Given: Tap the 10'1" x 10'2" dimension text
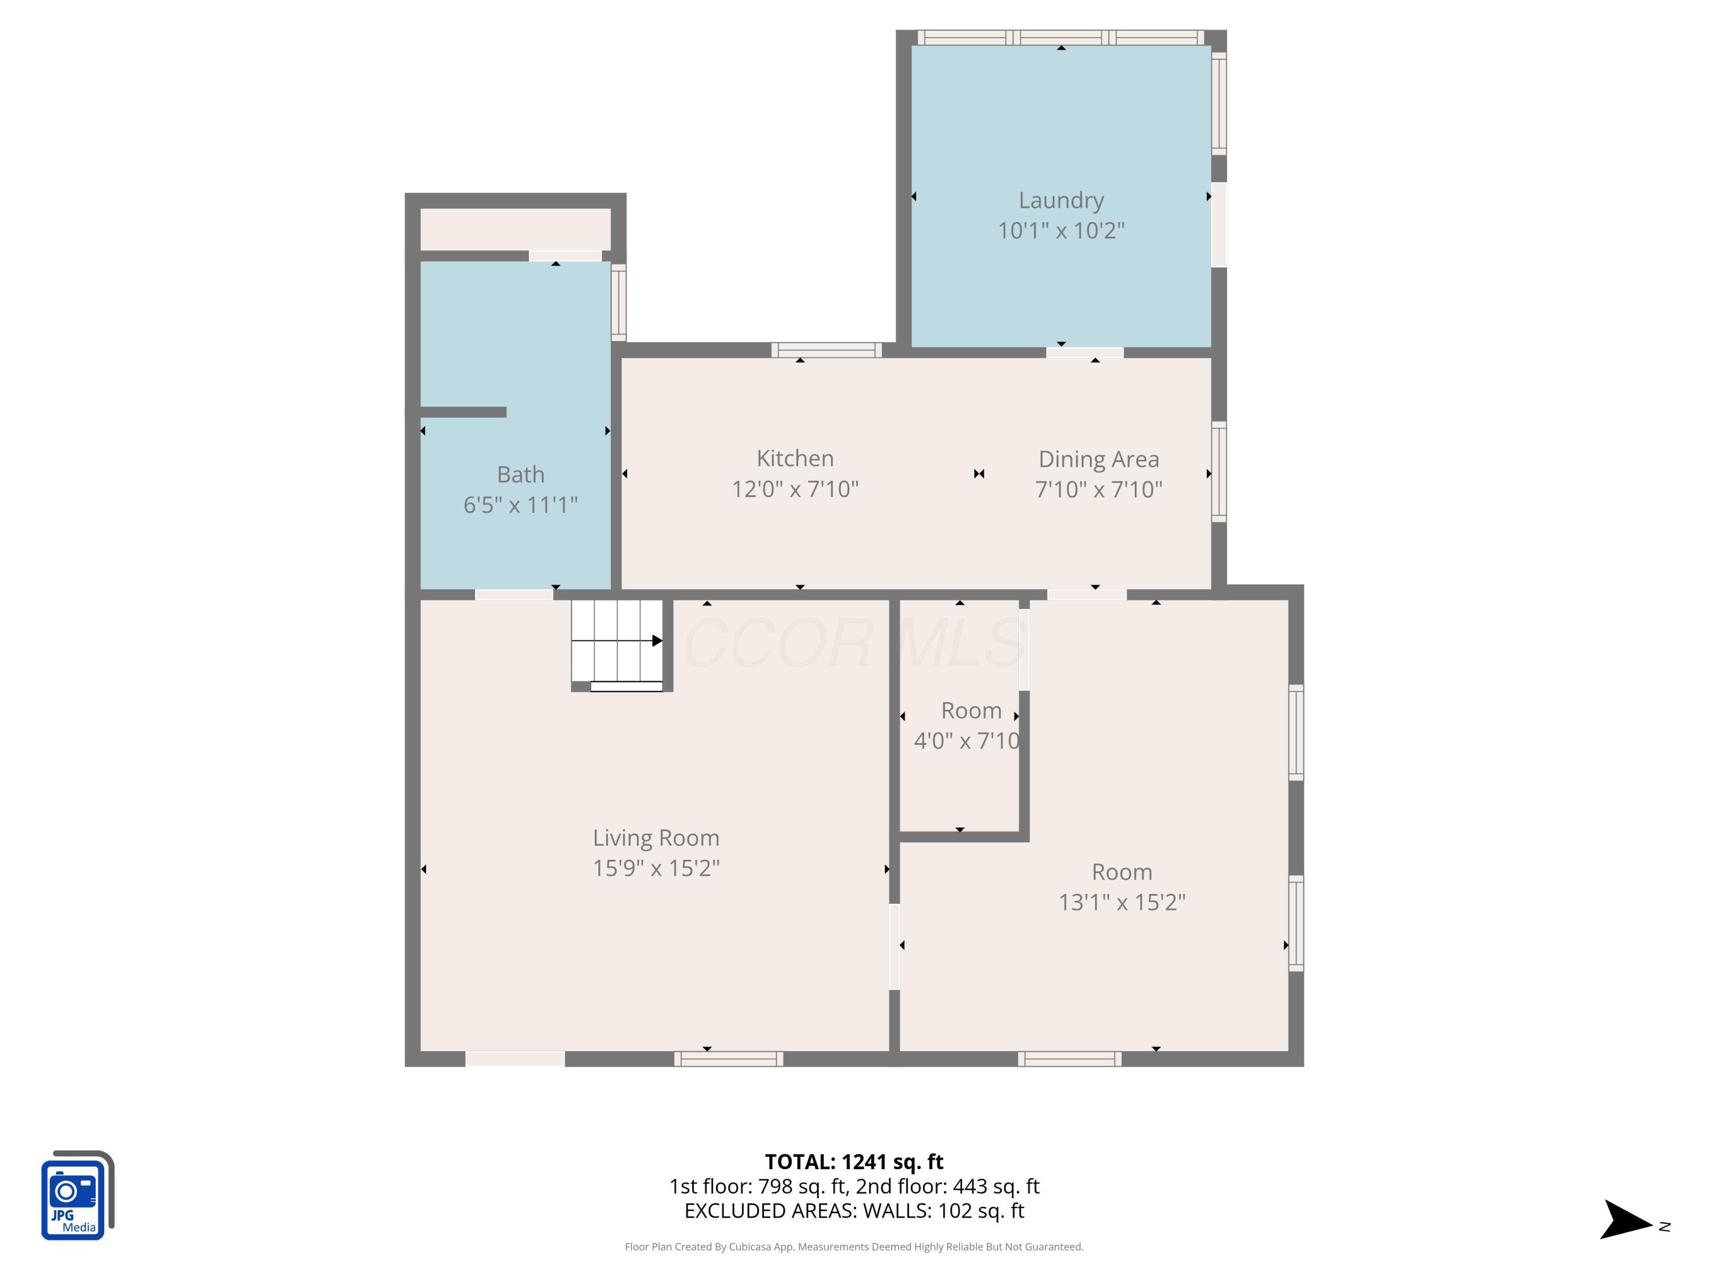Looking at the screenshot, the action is tap(1061, 230).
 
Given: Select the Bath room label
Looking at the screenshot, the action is tap(521, 475).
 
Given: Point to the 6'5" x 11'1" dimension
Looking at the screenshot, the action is tap(521, 505).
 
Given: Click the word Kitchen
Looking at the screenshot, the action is tap(795, 458).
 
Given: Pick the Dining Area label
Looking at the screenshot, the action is tap(1099, 459).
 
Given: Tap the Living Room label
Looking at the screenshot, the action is tap(656, 838).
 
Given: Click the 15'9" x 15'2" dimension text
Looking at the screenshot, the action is tap(656, 868).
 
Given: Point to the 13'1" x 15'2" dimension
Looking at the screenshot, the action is tap(1122, 902).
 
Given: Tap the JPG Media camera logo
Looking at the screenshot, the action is tap(77, 1195).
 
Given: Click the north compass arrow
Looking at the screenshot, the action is tap(1626, 1219).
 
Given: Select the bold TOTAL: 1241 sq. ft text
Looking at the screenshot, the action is tap(854, 1161).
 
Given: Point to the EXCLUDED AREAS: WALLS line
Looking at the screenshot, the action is tap(854, 1210).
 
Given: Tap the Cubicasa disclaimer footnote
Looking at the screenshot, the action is tap(854, 1247).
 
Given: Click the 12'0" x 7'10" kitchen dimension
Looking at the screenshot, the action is tap(795, 489).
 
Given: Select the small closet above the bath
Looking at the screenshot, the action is tap(516, 228).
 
